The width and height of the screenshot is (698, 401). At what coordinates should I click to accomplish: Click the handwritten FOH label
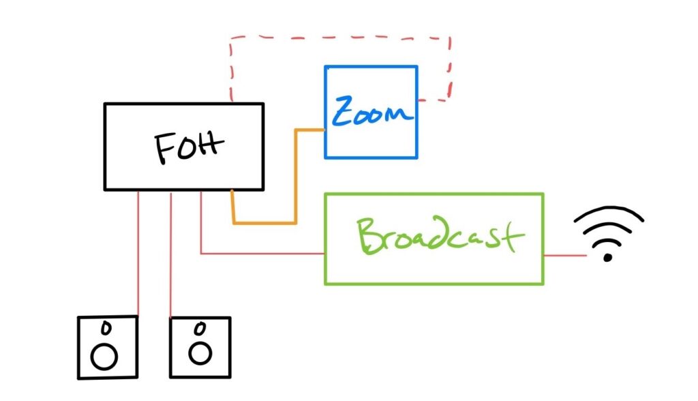188,147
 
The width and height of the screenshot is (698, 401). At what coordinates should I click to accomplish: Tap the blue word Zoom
371,110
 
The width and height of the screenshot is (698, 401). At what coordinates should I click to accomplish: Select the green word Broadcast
440,235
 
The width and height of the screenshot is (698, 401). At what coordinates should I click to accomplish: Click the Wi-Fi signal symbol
608,233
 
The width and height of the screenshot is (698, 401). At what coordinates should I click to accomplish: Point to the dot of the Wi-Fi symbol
607,258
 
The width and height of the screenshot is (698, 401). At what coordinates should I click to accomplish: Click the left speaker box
108,348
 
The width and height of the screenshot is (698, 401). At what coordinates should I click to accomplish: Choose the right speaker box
200,348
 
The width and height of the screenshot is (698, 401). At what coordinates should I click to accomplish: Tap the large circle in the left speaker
104,357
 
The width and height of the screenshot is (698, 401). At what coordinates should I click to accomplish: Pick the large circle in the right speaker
200,354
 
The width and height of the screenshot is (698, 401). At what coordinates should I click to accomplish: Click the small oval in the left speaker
106,328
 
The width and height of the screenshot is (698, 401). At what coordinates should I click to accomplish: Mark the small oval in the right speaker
200,329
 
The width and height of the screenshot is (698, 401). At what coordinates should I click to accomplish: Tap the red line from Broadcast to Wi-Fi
565,256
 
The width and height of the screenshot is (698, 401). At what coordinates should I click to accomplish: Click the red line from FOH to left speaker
138,254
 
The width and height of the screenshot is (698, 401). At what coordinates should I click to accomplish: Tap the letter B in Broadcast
369,236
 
